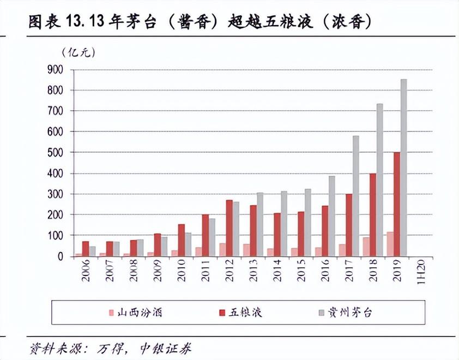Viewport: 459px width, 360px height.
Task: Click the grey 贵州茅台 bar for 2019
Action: coord(404,167)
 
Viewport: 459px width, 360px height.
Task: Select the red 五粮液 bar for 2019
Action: coord(397,204)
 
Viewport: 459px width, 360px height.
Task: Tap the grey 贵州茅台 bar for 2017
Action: coord(355,196)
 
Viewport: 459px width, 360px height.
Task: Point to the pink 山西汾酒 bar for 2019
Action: coord(390,244)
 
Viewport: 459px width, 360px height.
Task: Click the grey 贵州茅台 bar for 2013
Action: coord(260,224)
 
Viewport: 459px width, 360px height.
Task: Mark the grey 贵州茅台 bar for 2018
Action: coord(379,180)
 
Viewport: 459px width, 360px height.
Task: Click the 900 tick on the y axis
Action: coord(56,69)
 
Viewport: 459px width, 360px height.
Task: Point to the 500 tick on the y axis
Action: coord(56,152)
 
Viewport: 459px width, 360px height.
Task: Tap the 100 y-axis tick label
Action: coord(56,236)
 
